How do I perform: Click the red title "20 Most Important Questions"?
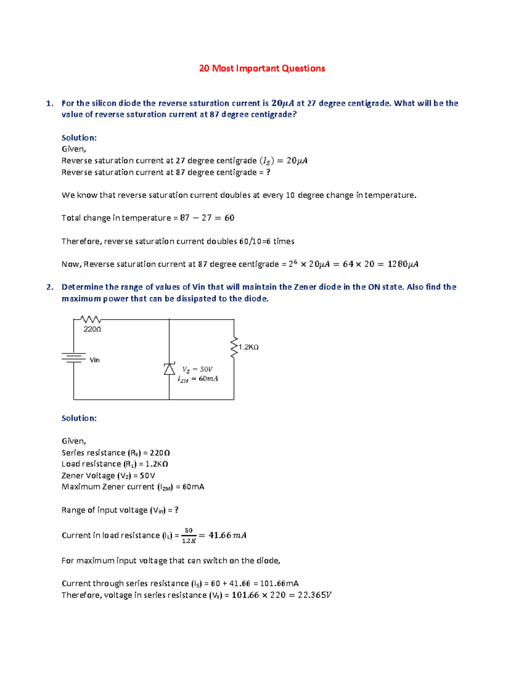(x=262, y=69)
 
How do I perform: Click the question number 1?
(x=49, y=103)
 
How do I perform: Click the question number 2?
(x=49, y=287)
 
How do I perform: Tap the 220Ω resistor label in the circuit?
(x=92, y=329)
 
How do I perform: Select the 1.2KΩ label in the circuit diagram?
(x=248, y=347)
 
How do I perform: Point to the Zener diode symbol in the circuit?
(x=169, y=369)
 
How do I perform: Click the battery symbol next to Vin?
(x=73, y=358)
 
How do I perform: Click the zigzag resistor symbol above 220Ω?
(x=91, y=319)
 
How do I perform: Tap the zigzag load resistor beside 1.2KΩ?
(x=234, y=348)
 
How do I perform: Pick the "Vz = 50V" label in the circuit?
(x=197, y=369)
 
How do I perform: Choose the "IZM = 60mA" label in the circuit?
(x=198, y=379)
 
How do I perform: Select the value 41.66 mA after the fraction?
(x=228, y=535)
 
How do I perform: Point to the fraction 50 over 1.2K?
(x=189, y=536)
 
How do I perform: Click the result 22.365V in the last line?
(x=314, y=595)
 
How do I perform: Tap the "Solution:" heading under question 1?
(x=79, y=138)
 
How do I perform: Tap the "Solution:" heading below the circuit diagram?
(x=79, y=418)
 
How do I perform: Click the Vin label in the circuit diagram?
(x=94, y=360)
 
